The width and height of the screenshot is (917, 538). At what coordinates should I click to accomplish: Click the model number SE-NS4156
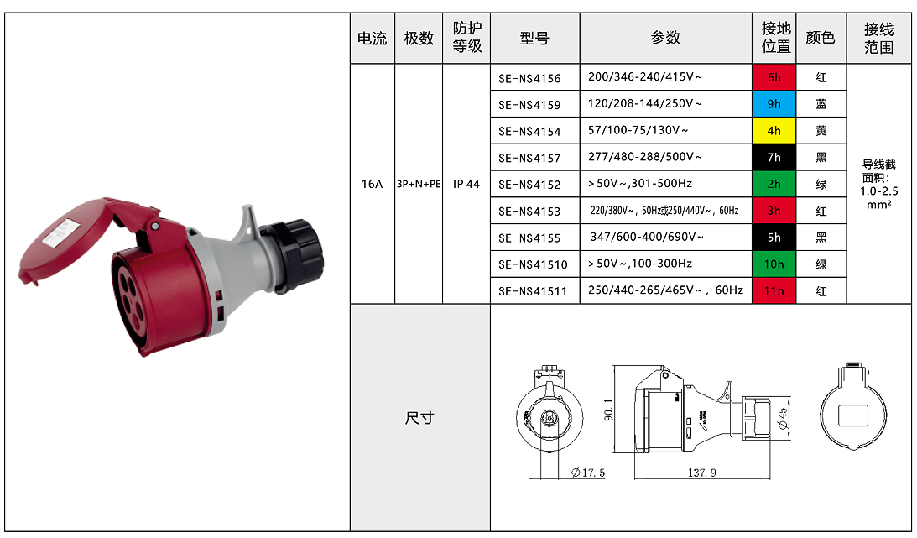(529, 78)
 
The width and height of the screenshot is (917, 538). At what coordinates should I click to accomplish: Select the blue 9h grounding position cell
(774, 104)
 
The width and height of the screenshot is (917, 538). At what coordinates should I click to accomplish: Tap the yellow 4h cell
(774, 131)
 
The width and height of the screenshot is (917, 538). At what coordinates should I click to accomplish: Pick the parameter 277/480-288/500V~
(645, 157)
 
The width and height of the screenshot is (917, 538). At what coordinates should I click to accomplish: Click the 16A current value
(372, 184)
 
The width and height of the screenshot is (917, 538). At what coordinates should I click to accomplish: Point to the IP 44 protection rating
(466, 184)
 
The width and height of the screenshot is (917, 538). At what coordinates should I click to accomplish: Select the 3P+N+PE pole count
(419, 184)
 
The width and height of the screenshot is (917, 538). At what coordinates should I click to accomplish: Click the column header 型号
(534, 39)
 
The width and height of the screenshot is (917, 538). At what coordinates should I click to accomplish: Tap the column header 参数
(665, 38)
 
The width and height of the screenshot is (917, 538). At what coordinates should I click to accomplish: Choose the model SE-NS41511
(533, 291)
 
